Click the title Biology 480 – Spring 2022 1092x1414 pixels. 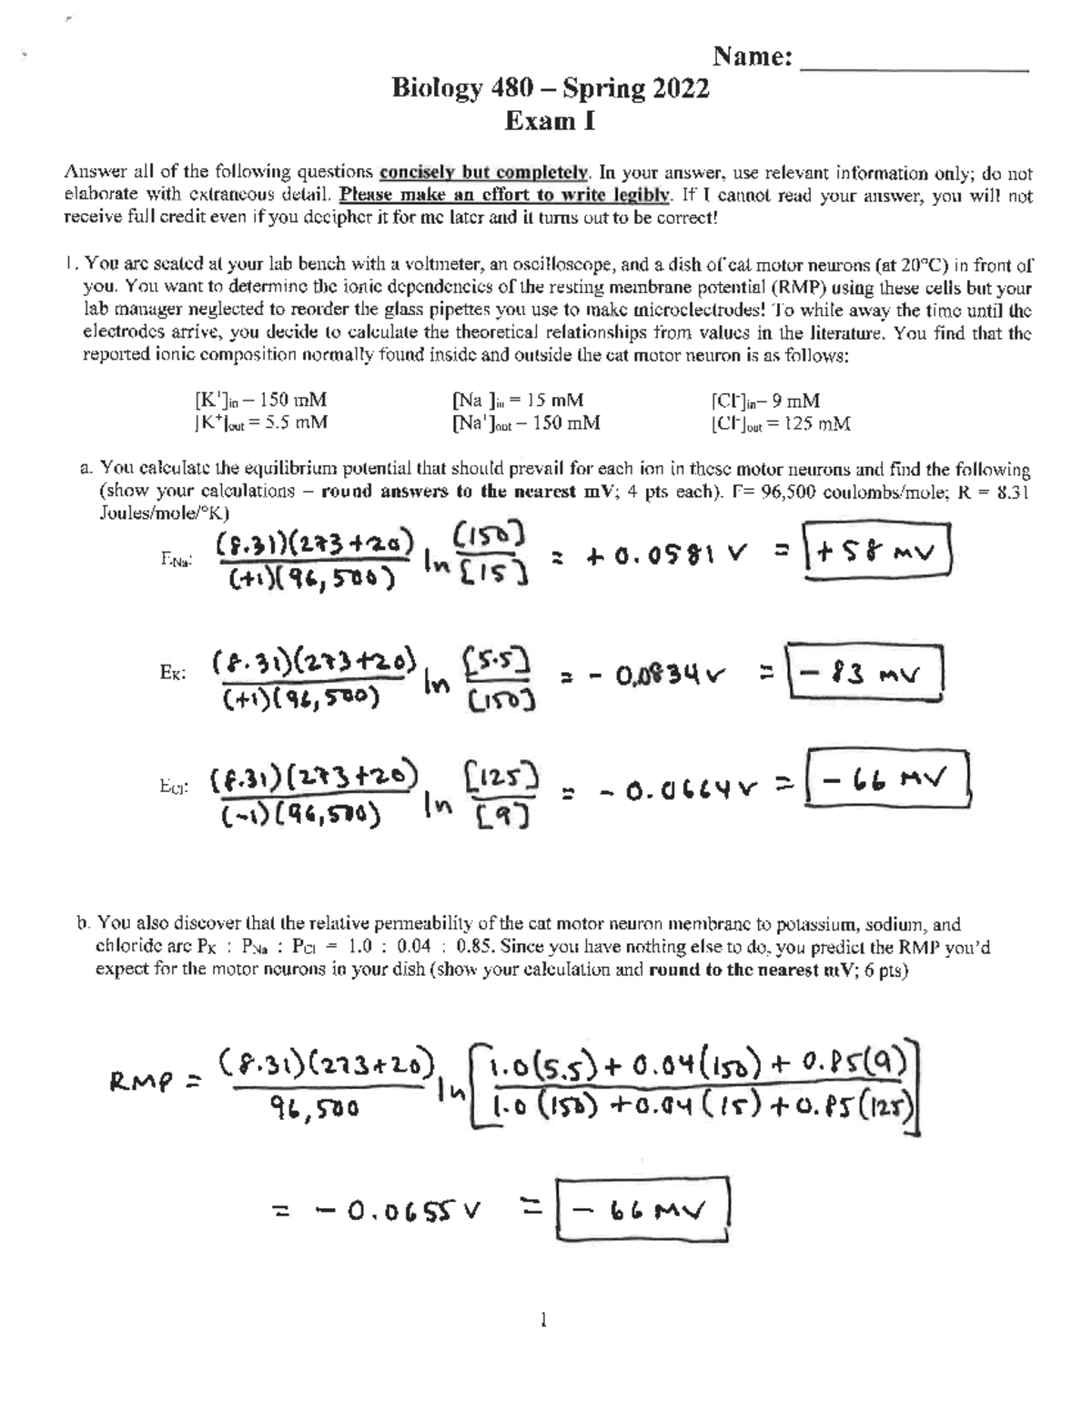(x=550, y=89)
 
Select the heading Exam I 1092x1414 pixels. (x=550, y=121)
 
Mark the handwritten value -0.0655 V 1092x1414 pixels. (x=401, y=1210)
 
